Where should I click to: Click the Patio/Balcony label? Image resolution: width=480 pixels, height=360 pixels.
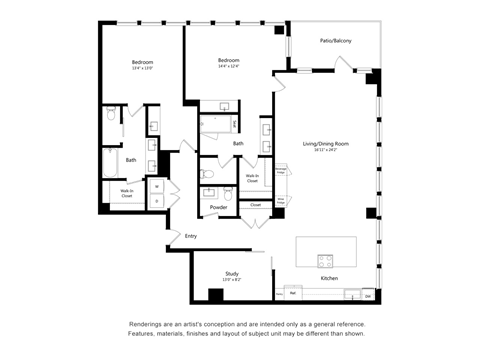point(335,41)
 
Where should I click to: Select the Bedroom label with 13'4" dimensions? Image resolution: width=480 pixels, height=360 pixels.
point(142,62)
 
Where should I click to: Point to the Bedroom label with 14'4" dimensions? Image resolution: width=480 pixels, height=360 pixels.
point(229,61)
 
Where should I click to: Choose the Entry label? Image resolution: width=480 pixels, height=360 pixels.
point(190,236)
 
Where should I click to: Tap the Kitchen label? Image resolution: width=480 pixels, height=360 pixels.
point(329,279)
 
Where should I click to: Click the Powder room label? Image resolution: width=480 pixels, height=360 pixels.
point(218,207)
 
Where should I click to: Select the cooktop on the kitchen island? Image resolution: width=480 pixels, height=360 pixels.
point(327,260)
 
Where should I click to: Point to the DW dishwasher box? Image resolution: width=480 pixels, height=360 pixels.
point(367,295)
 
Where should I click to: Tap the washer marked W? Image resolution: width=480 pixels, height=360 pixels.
point(156,186)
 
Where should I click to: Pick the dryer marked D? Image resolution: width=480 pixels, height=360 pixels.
point(156,200)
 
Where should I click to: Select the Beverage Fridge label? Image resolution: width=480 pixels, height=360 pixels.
point(282,172)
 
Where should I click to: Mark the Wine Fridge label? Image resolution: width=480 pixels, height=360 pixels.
point(282,198)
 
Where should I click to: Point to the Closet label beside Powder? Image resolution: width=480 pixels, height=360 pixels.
point(256,205)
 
